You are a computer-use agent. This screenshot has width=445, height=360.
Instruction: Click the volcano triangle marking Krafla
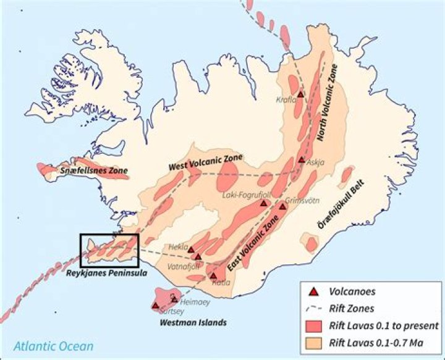pyautogui.click(x=300, y=94)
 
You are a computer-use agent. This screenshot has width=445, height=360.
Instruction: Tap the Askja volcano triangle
pyautogui.click(x=301, y=160)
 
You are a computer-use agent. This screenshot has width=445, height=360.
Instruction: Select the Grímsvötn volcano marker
pyautogui.click(x=282, y=207)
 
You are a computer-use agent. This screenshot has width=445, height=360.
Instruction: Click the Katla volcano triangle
pyautogui.click(x=213, y=276)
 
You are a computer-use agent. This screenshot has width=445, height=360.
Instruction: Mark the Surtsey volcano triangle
pyautogui.click(x=155, y=305)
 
